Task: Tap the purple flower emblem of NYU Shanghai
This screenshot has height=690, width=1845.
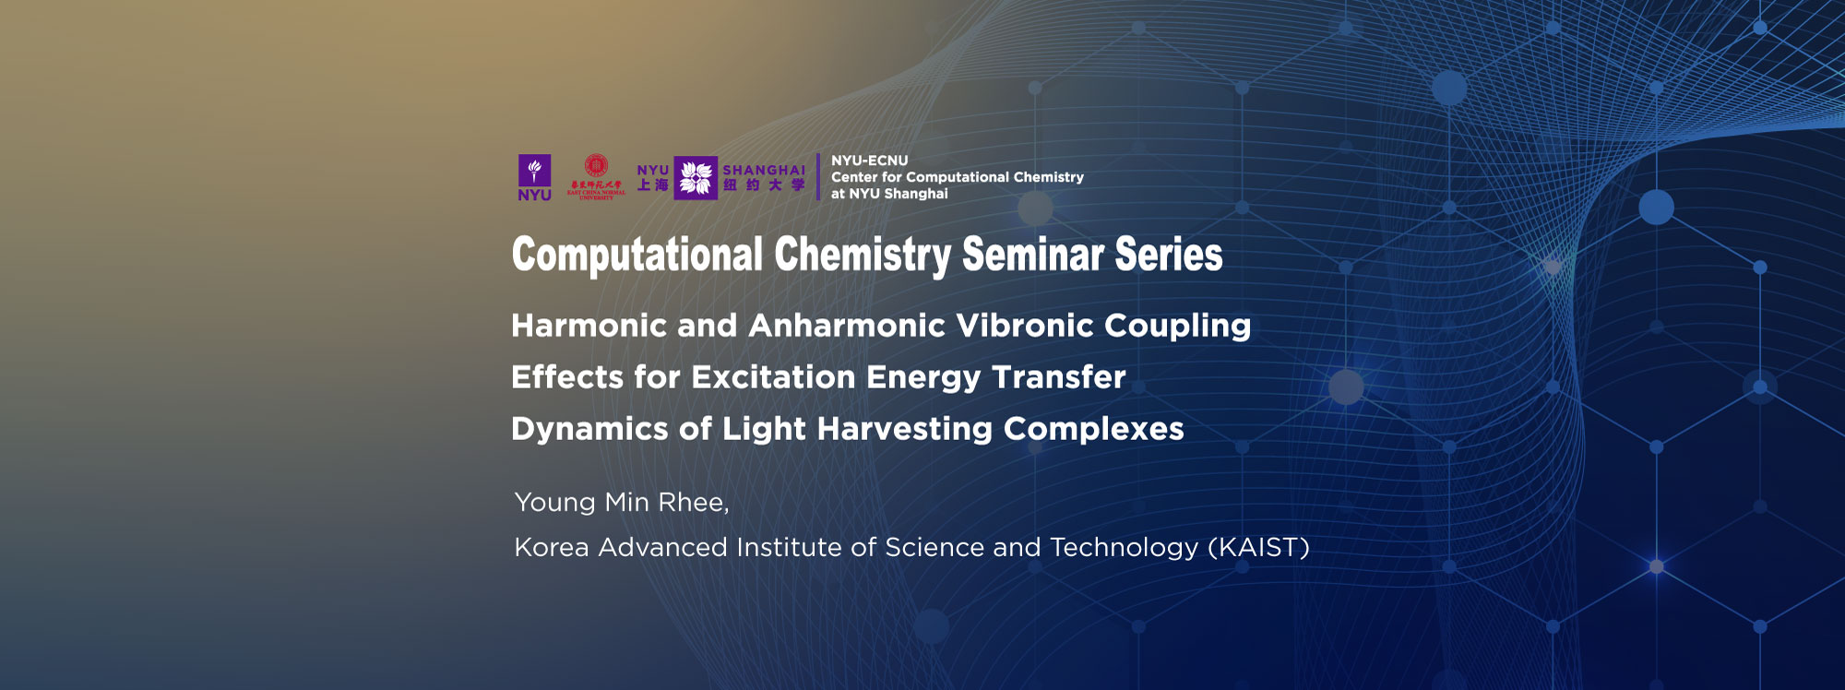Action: (696, 178)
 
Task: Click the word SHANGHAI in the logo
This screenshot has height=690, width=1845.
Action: (763, 170)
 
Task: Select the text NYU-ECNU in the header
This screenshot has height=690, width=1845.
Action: (869, 161)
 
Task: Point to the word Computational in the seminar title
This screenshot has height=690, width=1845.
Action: (637, 256)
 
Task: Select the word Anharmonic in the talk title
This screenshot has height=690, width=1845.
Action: (847, 326)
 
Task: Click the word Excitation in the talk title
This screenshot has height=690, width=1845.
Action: (773, 377)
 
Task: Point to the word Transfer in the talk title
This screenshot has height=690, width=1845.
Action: (1058, 377)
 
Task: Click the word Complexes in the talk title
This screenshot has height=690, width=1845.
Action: (1093, 429)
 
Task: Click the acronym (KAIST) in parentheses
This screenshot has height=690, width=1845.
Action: (1258, 548)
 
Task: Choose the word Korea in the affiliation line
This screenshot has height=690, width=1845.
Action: (551, 548)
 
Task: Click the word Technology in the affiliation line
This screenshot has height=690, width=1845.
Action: (1124, 548)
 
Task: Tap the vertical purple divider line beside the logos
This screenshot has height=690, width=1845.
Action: (818, 176)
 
